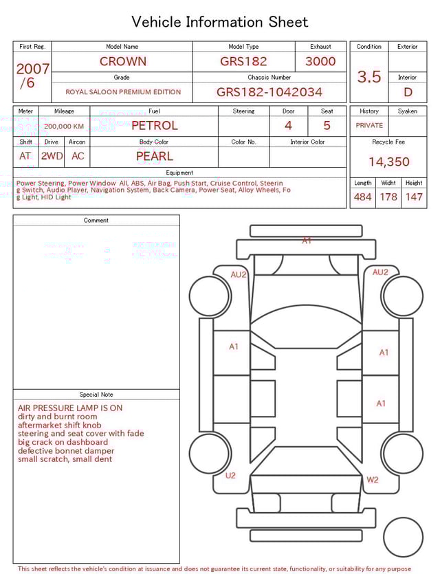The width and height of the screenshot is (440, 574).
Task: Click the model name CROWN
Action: pyautogui.click(x=122, y=61)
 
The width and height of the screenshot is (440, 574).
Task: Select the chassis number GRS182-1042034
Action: pyautogui.click(x=269, y=92)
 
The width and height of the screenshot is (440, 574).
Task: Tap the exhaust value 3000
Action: pyautogui.click(x=320, y=61)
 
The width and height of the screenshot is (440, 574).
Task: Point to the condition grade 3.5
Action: pyautogui.click(x=368, y=77)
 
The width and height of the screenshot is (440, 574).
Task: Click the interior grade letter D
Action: pyautogui.click(x=408, y=92)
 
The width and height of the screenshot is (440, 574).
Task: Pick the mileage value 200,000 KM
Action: pyautogui.click(x=64, y=126)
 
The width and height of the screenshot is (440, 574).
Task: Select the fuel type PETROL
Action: pyautogui.click(x=154, y=126)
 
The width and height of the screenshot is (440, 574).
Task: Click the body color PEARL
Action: pyautogui.click(x=154, y=156)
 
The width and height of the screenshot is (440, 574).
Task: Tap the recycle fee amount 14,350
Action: pyautogui.click(x=388, y=162)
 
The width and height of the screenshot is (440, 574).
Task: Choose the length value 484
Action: pyautogui.click(x=362, y=197)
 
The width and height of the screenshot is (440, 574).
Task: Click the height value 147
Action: pyautogui.click(x=413, y=197)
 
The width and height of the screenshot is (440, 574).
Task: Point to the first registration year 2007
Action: pyautogui.click(x=32, y=69)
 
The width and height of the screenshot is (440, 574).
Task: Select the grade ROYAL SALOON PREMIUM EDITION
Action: pyautogui.click(x=123, y=92)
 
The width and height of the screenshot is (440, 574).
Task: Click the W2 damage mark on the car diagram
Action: pyautogui.click(x=372, y=480)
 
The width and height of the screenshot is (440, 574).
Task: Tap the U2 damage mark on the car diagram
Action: pyautogui.click(x=230, y=476)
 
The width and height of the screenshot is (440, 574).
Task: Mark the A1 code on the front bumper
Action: pyautogui.click(x=307, y=241)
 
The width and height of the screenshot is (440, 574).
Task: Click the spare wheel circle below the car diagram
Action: pyautogui.click(x=403, y=537)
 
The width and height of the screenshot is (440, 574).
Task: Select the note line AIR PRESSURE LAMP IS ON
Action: pyautogui.click(x=70, y=408)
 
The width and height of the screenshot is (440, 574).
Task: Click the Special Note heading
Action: pyautogui.click(x=96, y=395)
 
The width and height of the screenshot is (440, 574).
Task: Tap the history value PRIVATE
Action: pyautogui.click(x=369, y=126)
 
